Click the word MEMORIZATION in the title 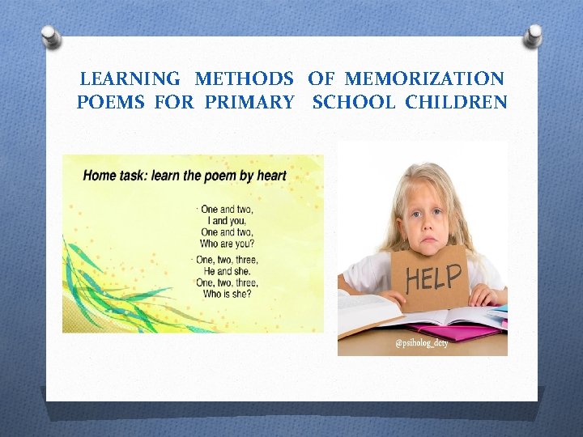point(423,78)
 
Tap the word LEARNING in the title point(130,78)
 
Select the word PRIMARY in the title point(249,103)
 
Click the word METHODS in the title point(244,78)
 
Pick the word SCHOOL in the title point(355,103)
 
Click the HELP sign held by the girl point(432,278)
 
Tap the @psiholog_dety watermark point(421,343)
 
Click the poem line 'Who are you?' point(227,244)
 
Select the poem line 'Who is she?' point(228,294)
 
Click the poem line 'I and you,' point(228,220)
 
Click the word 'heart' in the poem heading point(269,175)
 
